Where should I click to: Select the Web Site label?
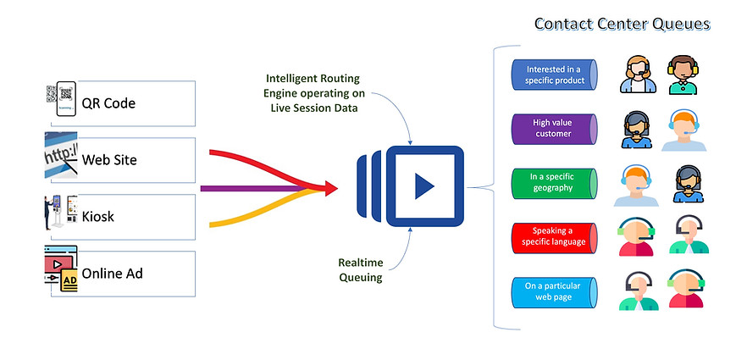109,159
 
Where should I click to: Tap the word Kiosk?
98,216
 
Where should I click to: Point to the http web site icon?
58,158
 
